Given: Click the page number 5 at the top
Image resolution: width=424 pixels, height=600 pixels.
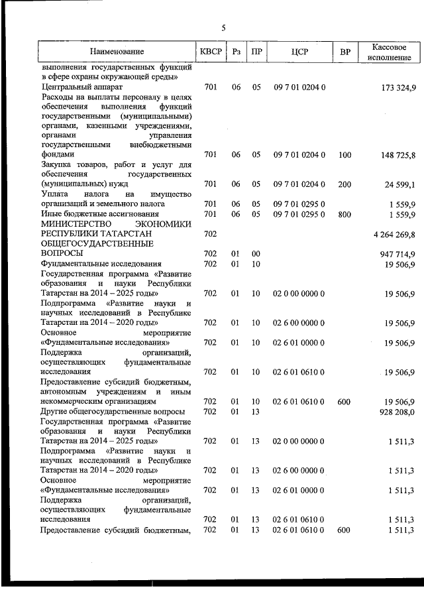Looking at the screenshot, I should [223, 28].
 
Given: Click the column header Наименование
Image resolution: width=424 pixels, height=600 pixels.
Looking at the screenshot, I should [117, 52].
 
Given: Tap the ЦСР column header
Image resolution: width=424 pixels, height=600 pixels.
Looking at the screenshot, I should [299, 52].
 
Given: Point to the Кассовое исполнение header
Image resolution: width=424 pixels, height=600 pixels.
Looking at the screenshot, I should [389, 52].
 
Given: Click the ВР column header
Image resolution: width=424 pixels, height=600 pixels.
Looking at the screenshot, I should [344, 52].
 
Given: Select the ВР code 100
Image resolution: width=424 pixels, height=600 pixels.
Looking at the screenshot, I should [344, 155].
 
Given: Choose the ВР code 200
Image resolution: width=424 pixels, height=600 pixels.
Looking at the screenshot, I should [344, 184].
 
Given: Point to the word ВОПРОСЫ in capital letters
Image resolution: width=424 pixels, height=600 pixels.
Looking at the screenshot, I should [62, 253].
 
